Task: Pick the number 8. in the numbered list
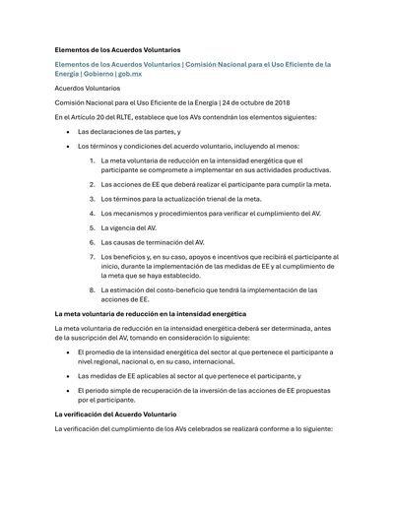click(x=92, y=289)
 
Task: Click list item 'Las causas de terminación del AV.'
click(x=153, y=241)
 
